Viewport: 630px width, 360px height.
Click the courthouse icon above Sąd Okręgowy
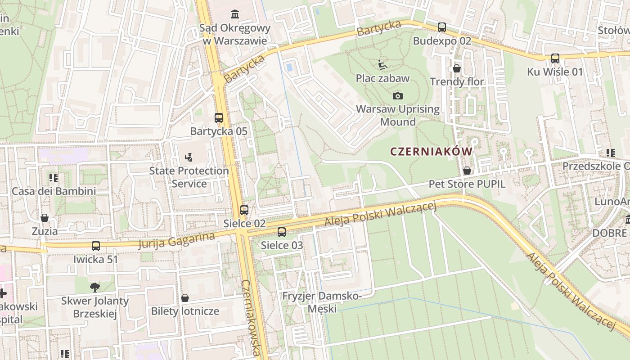click(235, 14)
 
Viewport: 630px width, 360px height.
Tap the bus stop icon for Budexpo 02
click(442, 27)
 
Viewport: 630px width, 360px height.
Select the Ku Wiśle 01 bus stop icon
click(555, 58)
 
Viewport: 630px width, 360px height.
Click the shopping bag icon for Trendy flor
click(457, 68)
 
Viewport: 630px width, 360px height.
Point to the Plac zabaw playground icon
click(382, 65)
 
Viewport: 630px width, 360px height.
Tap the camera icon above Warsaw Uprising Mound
click(398, 96)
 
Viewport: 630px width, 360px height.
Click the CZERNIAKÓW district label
click(432, 152)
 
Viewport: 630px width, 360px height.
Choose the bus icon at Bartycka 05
click(219, 118)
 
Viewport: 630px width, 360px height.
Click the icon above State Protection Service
click(189, 157)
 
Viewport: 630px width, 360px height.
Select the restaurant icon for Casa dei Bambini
click(54, 178)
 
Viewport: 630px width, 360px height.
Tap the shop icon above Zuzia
click(45, 218)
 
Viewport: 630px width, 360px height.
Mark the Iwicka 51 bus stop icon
click(96, 246)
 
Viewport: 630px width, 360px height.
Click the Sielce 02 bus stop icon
click(244, 210)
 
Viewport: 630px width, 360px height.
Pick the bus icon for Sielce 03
click(282, 232)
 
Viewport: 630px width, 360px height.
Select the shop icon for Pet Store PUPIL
click(467, 171)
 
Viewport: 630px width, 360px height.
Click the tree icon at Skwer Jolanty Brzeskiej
click(95, 287)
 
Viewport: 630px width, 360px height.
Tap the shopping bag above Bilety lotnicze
click(185, 298)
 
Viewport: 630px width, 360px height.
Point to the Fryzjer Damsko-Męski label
click(322, 302)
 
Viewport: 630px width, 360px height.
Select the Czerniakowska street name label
click(251, 318)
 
